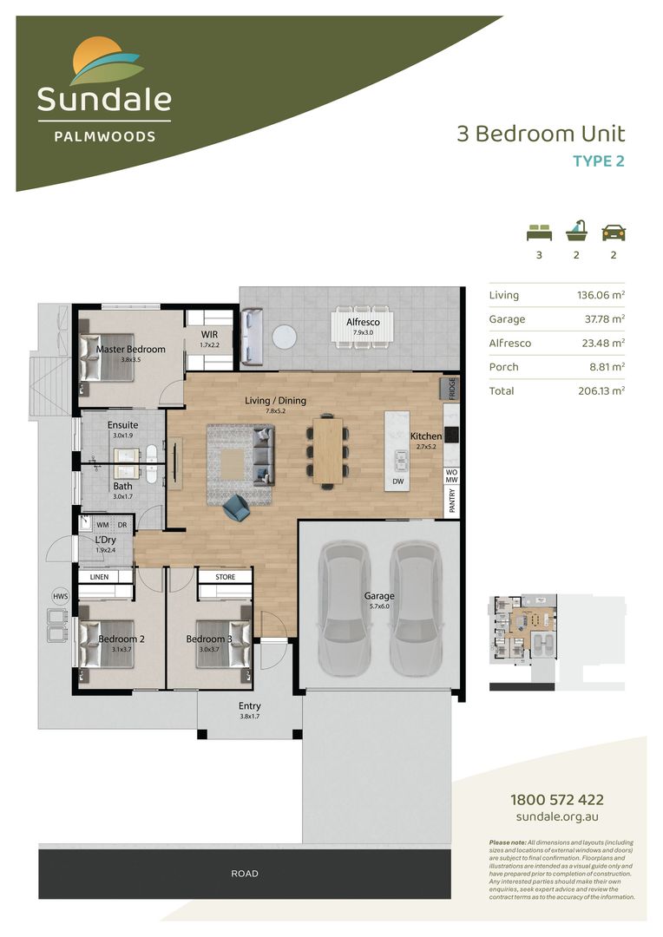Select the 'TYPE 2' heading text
point(598,161)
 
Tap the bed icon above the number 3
point(539,233)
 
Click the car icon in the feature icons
point(614,233)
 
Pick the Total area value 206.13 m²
point(601,391)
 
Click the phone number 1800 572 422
point(556,800)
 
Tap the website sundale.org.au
point(556,817)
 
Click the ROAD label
point(245,874)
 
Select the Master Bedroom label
point(130,350)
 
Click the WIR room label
point(209,334)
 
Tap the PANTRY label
point(451,502)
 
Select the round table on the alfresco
point(286,336)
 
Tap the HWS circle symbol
point(60,596)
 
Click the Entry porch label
point(250,706)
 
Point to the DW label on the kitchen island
point(398,480)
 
